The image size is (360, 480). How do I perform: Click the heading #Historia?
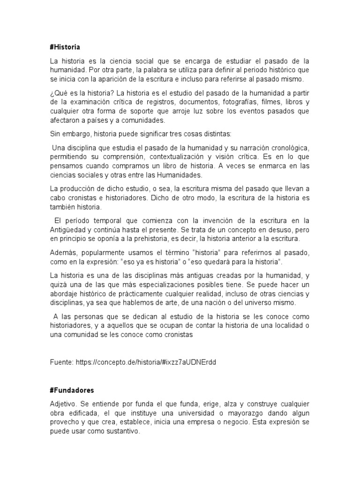(x=65, y=47)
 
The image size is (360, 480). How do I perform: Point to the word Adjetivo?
(x=63, y=404)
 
